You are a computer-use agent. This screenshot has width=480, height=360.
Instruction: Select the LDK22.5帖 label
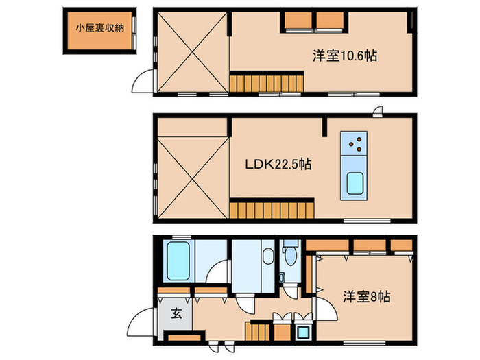pyautogui.click(x=278, y=165)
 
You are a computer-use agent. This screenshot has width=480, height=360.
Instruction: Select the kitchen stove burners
pyautogui.click(x=355, y=144)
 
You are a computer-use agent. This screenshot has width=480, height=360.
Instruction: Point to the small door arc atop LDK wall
pyautogui.click(x=376, y=112)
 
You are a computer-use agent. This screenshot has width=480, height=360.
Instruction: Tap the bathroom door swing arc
pyautogui.click(x=219, y=272)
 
